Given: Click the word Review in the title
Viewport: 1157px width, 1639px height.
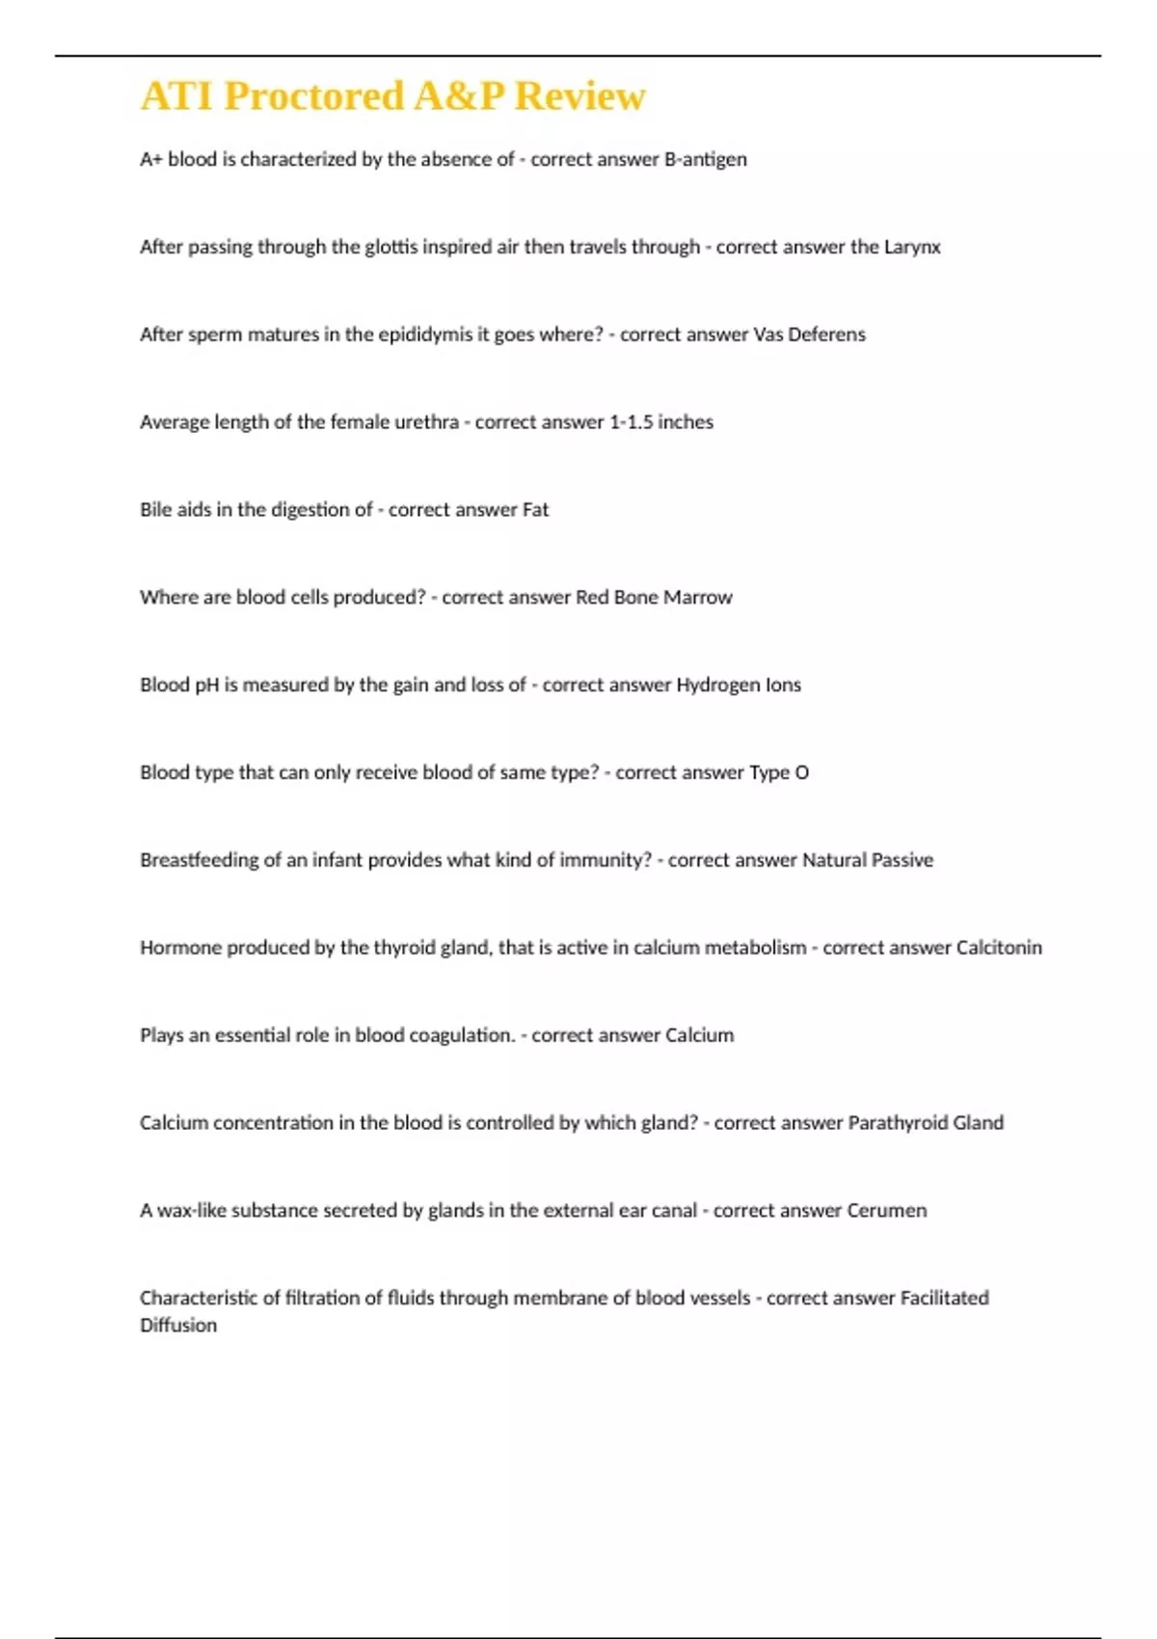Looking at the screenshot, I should (x=579, y=96).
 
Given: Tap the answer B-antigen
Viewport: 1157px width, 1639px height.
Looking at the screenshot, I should (x=706, y=159).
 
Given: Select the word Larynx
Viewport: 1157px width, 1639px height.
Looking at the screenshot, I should (x=912, y=247).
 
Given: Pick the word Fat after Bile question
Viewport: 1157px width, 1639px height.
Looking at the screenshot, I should (x=535, y=510).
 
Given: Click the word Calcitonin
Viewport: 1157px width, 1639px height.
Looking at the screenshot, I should (x=999, y=948).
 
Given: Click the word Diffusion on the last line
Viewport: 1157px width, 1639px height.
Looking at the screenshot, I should (x=178, y=1326).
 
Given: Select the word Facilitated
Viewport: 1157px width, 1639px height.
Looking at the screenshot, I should (x=944, y=1299).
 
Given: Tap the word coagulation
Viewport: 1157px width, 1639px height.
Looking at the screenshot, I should (x=462, y=1035).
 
